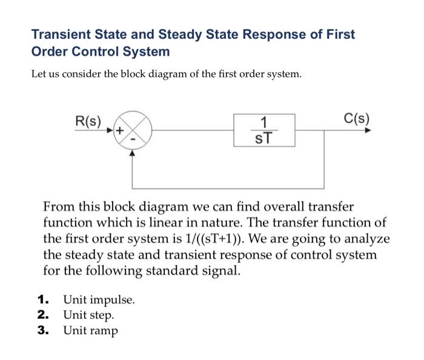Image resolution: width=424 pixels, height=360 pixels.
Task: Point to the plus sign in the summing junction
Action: [x=121, y=130]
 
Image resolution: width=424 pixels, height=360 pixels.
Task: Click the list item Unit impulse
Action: [x=99, y=300]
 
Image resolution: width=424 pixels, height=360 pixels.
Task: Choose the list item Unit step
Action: [x=88, y=315]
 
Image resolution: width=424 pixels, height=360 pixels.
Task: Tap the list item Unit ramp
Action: [x=91, y=330]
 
